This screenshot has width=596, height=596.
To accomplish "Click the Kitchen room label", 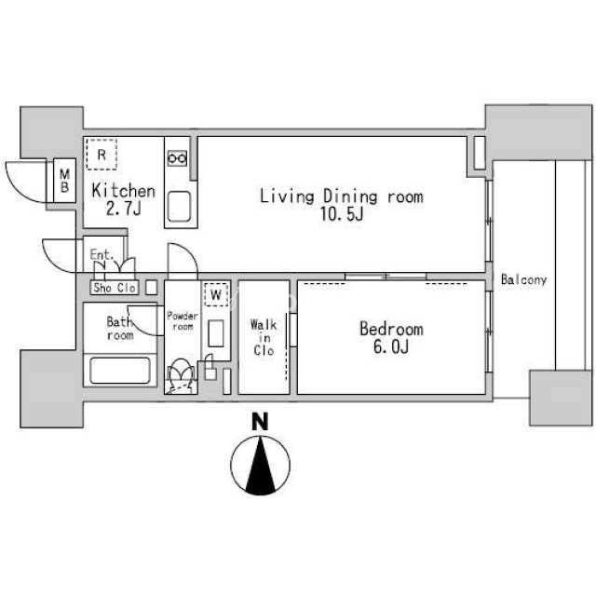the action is coord(124,191).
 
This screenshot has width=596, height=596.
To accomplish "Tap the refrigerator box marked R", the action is coord(102,155).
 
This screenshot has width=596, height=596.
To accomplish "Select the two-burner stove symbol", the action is coord(177,157).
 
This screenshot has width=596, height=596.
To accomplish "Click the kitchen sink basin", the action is coord(179,207).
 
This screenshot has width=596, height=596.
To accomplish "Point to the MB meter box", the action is coord(64,181).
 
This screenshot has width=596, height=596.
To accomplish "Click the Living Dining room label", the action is coord(342,196).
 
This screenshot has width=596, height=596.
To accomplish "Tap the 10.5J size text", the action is coord(342,214).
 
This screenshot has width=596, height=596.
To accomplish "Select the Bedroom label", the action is coord(391,329).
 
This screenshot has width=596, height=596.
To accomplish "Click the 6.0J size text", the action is coord(391,346).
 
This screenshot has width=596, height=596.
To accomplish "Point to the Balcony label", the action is coord(523,279).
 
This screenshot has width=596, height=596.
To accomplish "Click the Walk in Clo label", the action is coord(264,337).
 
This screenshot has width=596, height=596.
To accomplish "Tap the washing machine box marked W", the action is coord(216,294).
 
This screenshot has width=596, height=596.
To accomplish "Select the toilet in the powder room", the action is coord(181,375).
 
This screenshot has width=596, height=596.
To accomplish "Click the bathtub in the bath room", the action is coord(120,371).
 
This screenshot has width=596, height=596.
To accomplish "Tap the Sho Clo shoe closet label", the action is coord(115,288).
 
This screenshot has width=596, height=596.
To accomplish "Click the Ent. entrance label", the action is coord(102,254).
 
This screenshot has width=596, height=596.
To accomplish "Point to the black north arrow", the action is coord(261,466).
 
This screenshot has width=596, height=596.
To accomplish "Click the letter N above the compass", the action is coord(261,422).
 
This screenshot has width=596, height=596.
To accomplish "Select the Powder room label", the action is coord(183,321).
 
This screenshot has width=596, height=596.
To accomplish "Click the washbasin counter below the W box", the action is coord(215,333).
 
